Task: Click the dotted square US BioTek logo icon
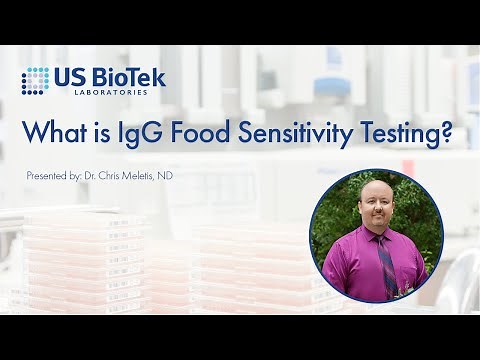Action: click(35, 81)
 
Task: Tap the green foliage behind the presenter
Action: click(420, 215)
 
